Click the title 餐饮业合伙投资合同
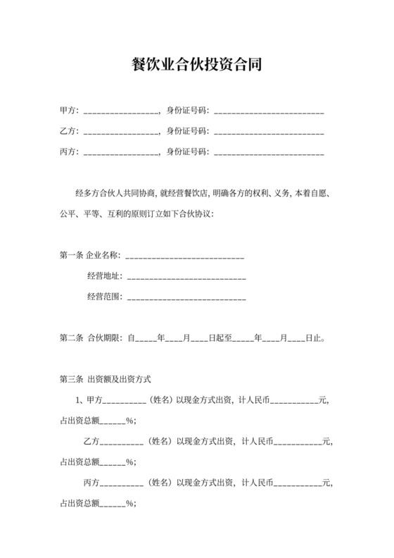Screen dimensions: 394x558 click(197, 66)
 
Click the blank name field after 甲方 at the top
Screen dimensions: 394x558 click(121, 111)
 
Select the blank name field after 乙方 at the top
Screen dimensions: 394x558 click(121, 131)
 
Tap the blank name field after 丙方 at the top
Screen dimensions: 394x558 click(121, 151)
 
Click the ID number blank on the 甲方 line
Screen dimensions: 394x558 click(268, 111)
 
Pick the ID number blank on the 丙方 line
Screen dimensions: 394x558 click(268, 151)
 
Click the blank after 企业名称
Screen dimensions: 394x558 click(184, 256)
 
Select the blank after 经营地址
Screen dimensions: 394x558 click(185, 276)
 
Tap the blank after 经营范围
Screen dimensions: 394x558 click(185, 297)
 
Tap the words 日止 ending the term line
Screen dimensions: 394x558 click(314, 338)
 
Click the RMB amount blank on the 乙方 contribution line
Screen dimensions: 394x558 click(296, 442)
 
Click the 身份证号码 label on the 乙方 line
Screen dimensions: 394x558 click(187, 131)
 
